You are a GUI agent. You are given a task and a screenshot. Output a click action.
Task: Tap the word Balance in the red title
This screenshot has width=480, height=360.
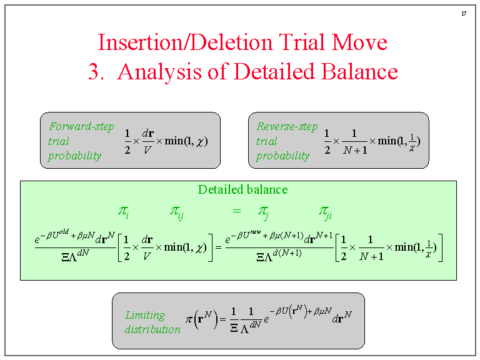click(359, 71)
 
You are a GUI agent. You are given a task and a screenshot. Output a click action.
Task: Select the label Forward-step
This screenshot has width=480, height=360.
click(81, 126)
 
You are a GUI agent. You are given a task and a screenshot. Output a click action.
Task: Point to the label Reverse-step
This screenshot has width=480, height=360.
click(287, 126)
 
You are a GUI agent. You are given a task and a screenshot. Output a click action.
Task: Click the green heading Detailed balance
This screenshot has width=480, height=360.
click(242, 189)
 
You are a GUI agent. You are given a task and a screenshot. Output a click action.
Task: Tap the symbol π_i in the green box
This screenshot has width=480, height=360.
click(123, 211)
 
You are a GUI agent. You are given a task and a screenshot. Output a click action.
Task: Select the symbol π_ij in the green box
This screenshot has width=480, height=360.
click(177, 212)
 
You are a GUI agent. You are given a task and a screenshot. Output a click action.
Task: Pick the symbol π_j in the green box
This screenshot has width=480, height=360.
click(263, 212)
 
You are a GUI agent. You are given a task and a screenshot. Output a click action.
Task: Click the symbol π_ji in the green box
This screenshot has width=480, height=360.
click(325, 212)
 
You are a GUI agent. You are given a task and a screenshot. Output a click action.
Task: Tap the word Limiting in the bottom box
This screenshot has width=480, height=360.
click(145, 315)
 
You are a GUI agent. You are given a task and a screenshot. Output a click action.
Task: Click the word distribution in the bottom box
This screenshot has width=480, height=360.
click(152, 329)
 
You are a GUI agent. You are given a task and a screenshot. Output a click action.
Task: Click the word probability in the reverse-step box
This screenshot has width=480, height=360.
click(282, 156)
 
